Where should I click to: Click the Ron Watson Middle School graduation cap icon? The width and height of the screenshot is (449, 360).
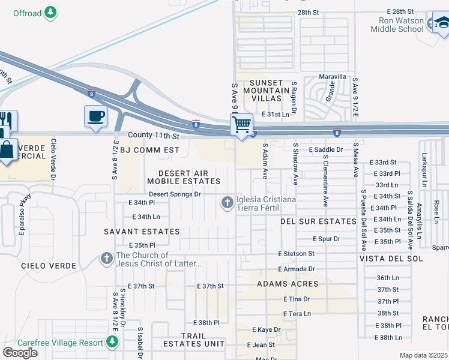442,23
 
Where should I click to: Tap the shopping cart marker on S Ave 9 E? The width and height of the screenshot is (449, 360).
241,125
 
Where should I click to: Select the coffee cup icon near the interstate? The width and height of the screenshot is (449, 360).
95,115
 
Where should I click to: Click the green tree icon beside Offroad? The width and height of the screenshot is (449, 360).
52,12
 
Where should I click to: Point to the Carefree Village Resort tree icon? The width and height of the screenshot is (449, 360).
112,342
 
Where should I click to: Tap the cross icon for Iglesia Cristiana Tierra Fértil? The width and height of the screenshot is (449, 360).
227,203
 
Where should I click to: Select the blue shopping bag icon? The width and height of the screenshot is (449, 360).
7,149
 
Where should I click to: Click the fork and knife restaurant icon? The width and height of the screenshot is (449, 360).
7,121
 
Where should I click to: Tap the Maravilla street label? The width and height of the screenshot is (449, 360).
333,77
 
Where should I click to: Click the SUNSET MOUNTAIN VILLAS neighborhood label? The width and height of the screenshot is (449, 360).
266,90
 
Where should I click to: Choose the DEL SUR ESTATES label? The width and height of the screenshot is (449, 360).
318,221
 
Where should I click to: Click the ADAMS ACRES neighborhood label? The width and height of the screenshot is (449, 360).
288,283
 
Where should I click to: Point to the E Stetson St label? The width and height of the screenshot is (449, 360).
296,254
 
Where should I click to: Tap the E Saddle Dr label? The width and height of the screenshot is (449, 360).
325,149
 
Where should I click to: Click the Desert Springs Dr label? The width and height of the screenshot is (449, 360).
174,194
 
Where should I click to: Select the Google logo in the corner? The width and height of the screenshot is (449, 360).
20,352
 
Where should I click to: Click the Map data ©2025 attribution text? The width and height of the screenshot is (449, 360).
423,355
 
